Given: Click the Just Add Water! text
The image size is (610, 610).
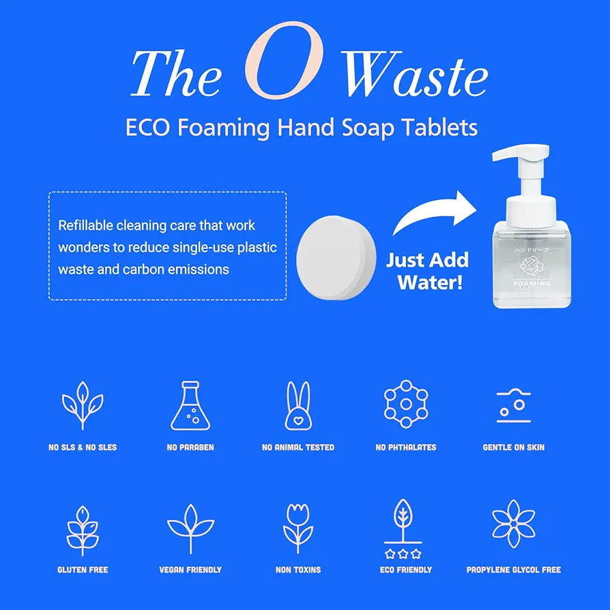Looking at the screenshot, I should click(428, 271).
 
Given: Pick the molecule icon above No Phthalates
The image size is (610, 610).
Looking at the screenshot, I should click(405, 404).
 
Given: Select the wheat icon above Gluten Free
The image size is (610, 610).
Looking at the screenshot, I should click(83, 529).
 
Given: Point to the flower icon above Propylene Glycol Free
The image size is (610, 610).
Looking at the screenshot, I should click(513, 524).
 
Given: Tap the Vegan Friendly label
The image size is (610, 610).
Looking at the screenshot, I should click(190, 570).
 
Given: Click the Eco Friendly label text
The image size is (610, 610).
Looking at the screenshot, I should click(405, 570).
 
